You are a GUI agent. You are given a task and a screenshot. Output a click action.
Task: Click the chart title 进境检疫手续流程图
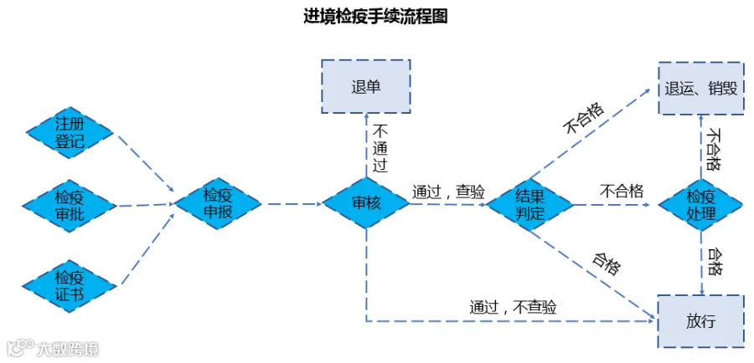[x=376, y=17]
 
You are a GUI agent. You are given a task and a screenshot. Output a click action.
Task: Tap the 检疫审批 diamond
[x=70, y=206]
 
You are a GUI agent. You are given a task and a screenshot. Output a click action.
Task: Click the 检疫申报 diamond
[x=218, y=203]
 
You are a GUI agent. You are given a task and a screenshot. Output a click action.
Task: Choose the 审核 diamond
[x=366, y=203]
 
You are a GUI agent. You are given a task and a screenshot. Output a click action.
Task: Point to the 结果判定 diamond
[x=530, y=205]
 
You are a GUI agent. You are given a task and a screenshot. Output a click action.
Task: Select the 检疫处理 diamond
[x=701, y=205]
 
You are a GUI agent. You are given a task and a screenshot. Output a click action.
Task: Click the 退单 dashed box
[x=366, y=86]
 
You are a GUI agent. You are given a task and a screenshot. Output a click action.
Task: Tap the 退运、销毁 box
[x=701, y=89]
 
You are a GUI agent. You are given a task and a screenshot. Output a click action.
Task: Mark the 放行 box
[x=701, y=321]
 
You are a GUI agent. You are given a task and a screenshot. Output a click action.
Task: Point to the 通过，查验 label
[x=449, y=192]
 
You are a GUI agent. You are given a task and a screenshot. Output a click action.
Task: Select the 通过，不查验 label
[x=513, y=306]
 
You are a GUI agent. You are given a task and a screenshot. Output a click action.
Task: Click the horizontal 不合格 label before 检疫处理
[x=622, y=191]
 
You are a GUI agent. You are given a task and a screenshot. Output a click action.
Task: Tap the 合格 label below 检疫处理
[x=713, y=262]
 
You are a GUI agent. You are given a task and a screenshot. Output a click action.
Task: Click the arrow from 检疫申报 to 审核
[x=292, y=203]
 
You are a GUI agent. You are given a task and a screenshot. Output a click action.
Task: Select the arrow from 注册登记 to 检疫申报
[x=143, y=163]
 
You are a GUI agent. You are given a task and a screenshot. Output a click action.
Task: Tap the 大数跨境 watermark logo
[x=53, y=348]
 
